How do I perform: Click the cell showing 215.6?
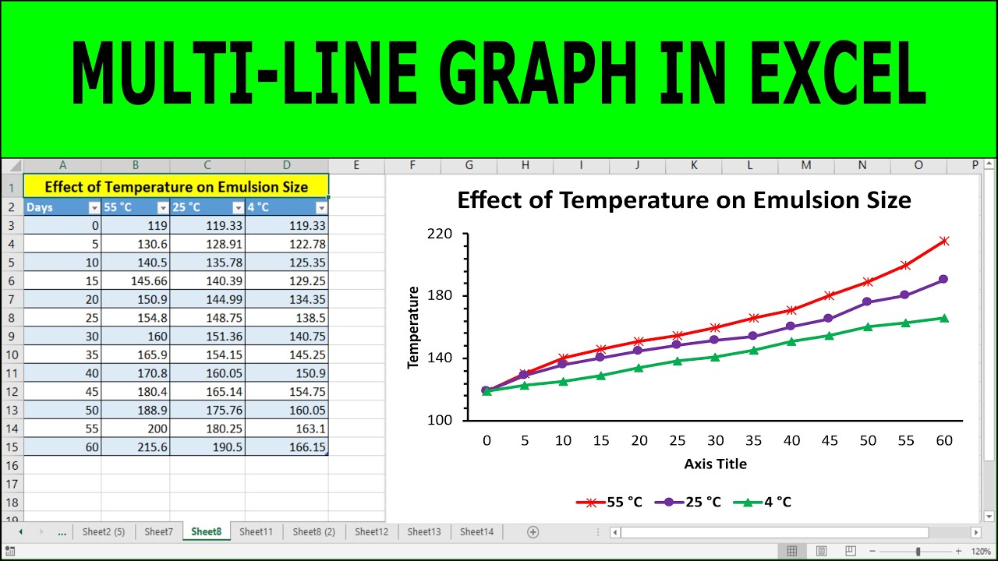coord(136,446)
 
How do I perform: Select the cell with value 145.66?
coord(136,281)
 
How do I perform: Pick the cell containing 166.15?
coord(286,446)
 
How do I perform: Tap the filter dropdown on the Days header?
coord(94,207)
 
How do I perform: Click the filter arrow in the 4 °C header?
coord(321,207)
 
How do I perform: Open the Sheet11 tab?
coord(256,531)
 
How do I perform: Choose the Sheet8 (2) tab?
coord(313,531)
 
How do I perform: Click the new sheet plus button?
coord(533,532)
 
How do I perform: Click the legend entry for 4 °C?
coord(763,503)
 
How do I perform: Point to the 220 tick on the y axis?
coord(439,234)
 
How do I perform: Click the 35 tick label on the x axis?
coord(753,441)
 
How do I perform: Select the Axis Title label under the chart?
coord(715,464)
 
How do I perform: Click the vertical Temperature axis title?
coord(413,327)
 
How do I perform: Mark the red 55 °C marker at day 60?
coord(944,242)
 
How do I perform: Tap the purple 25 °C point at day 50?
coord(867,302)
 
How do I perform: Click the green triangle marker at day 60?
coord(944,319)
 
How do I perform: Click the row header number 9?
coord(12,336)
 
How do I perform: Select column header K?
coord(694,165)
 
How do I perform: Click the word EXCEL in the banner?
coord(838,73)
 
